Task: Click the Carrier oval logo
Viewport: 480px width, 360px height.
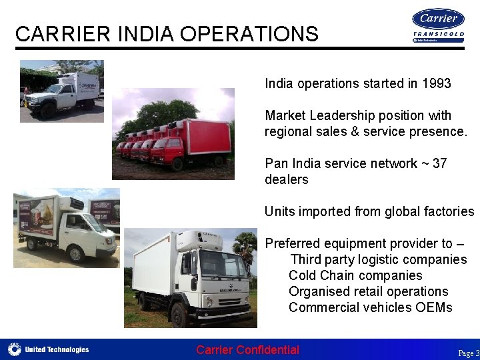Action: (438, 19)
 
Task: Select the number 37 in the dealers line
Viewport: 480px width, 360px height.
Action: (439, 163)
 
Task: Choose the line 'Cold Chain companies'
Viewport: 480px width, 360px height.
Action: (355, 275)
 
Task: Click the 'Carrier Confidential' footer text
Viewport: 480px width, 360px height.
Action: (248, 350)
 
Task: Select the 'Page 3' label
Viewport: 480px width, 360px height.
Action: (468, 353)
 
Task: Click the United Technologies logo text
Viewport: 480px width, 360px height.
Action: (57, 349)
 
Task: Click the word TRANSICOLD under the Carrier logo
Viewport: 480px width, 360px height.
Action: (438, 34)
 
